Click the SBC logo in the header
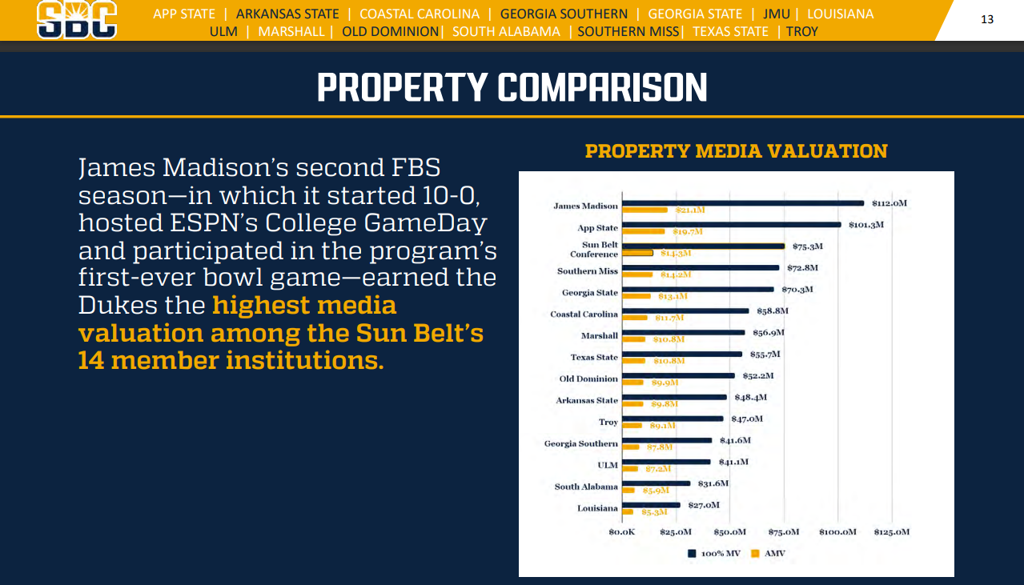point(77,20)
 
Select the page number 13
point(986,19)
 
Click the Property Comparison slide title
point(512,87)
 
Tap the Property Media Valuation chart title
point(736,151)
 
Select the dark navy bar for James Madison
point(742,203)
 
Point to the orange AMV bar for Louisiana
point(628,511)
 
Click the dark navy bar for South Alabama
point(656,483)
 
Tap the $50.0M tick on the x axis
point(729,532)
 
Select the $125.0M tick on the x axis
point(891,532)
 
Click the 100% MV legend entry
point(714,553)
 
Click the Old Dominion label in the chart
point(588,379)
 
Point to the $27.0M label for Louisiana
point(704,505)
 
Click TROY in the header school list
point(802,31)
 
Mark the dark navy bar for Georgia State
point(698,290)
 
